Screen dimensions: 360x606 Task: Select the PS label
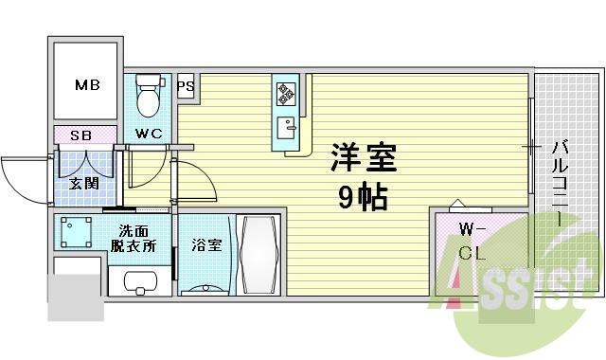pyautogui.click(x=186, y=86)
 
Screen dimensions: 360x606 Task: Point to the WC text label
pyautogui.click(x=149, y=134)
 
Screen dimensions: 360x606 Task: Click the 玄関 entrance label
pyautogui.click(x=84, y=183)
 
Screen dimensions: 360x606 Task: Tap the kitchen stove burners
pyautogui.click(x=285, y=93)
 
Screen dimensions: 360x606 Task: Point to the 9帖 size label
pyautogui.click(x=363, y=197)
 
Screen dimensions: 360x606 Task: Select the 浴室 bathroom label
pyautogui.click(x=207, y=245)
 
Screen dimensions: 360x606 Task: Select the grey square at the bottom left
pyautogui.click(x=75, y=297)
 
